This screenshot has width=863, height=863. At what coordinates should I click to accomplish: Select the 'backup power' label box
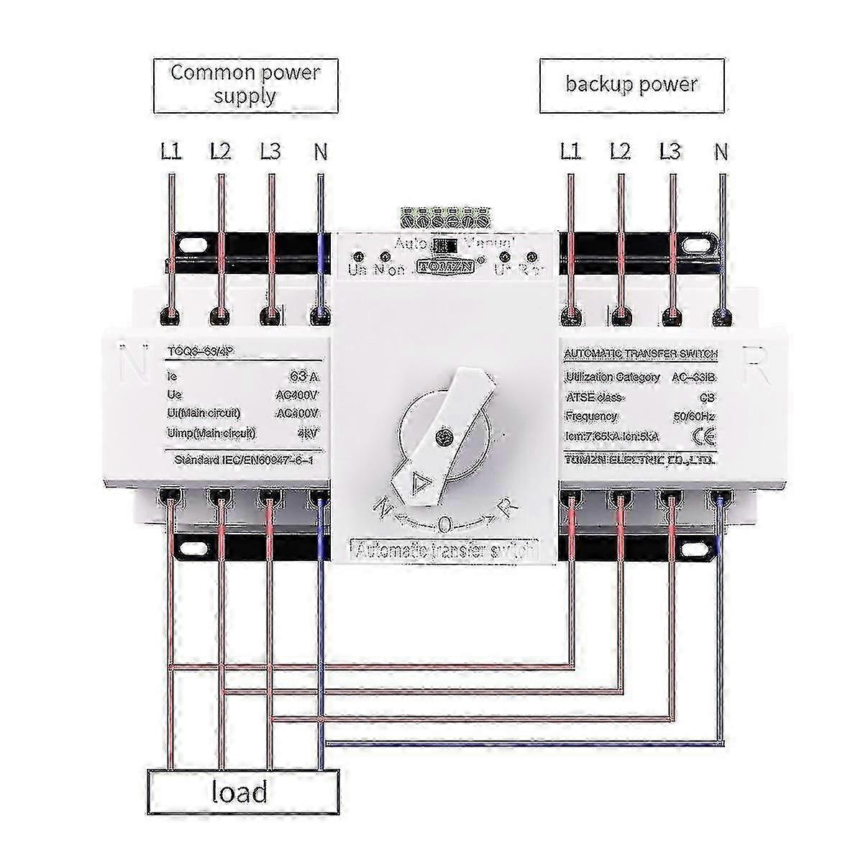tap(631, 85)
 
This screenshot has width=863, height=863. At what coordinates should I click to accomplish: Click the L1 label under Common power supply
tap(171, 152)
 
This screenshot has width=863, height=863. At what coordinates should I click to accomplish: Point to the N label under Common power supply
tap(321, 152)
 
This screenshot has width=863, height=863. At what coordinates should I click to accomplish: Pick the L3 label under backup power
tap(670, 152)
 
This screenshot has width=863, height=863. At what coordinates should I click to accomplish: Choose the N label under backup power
tap(721, 152)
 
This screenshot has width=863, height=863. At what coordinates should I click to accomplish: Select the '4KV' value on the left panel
tap(306, 433)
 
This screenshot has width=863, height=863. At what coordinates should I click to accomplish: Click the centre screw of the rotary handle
tap(444, 434)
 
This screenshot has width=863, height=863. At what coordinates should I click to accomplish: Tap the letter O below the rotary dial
tap(444, 525)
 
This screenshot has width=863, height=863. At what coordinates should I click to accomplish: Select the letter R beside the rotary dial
tap(508, 508)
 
